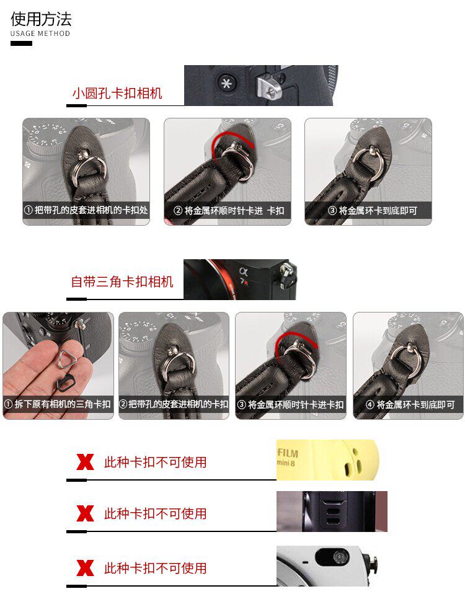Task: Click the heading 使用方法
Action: [41, 19]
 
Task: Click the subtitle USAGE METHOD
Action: [40, 33]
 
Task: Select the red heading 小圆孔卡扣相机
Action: [117, 93]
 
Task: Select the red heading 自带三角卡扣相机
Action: [122, 282]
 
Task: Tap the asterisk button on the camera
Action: [226, 83]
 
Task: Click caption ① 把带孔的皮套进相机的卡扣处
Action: [86, 210]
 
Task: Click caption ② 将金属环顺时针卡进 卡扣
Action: [229, 211]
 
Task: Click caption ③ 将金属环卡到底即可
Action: [372, 211]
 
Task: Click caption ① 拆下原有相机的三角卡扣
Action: [58, 404]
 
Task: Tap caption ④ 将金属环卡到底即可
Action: [410, 405]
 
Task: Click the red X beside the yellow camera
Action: [85, 462]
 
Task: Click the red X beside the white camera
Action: [85, 568]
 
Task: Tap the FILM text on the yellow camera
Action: [288, 453]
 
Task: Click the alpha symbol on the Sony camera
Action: [243, 271]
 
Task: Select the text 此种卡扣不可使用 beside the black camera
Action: [156, 513]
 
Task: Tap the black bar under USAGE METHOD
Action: [22, 43]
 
